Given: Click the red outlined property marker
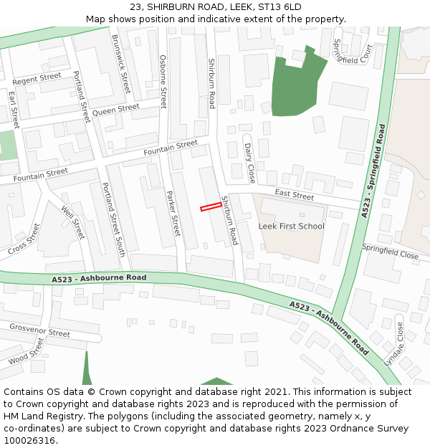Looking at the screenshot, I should (211, 206).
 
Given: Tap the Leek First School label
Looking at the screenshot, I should (291, 227).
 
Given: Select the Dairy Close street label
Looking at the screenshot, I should (249, 162).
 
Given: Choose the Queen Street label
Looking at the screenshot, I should (116, 109).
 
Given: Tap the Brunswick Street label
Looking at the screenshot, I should (121, 63).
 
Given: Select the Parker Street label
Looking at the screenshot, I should (173, 214).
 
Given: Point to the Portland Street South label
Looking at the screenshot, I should (113, 219).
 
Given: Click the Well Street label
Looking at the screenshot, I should (74, 223).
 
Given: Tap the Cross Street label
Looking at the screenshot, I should (24, 240).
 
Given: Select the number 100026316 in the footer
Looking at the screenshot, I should (30, 440).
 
